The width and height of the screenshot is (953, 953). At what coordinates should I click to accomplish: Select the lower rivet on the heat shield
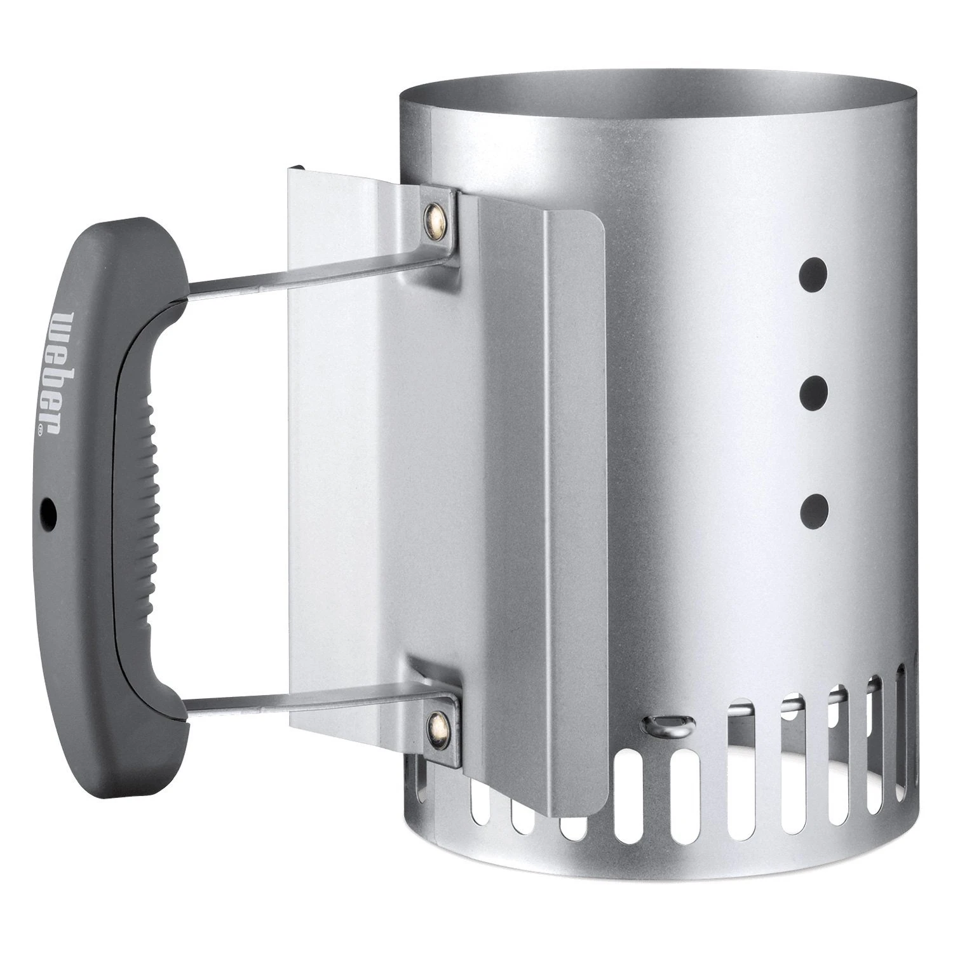tap(435, 720)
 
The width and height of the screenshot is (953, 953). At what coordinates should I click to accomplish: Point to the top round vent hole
tap(814, 273)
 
